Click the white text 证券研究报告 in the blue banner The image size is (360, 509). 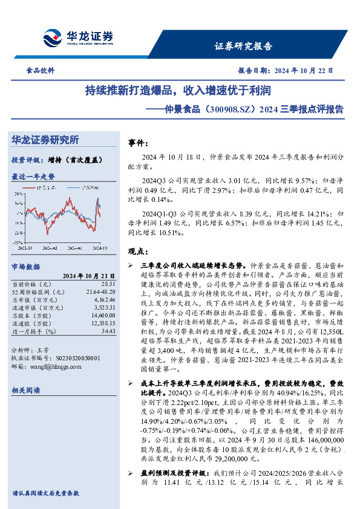[243, 46]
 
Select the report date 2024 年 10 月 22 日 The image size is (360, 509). [302, 70]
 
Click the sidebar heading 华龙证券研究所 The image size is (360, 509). [45, 140]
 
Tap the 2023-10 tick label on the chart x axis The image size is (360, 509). [25, 247]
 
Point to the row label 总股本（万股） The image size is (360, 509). [33, 316]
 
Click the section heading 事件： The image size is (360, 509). [138, 143]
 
